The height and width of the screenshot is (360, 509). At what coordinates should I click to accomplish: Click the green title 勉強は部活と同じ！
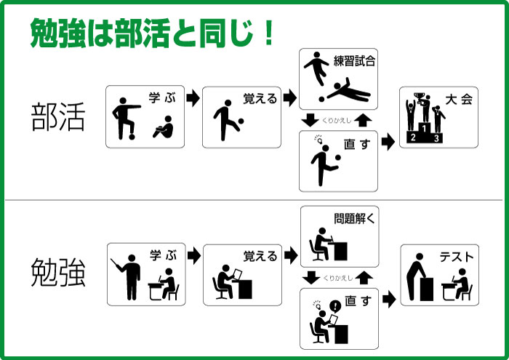[x=152, y=33]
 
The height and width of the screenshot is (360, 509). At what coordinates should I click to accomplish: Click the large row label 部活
[x=58, y=117]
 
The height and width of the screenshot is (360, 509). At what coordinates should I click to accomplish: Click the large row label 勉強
[x=58, y=272]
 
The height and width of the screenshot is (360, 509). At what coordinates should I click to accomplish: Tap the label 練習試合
[x=354, y=60]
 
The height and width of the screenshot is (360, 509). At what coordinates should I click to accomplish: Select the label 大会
[x=459, y=100]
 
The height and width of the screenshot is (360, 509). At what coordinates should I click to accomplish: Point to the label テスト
[x=457, y=257]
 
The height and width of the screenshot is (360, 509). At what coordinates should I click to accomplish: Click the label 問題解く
[x=354, y=218]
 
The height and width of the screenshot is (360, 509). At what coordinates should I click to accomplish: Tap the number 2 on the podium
[x=413, y=137]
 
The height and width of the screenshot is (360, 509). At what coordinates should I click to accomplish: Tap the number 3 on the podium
[x=436, y=138]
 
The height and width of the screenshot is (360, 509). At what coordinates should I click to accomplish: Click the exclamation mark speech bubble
[x=335, y=306]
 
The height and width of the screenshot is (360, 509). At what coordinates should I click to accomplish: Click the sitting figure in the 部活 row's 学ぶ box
[x=164, y=127]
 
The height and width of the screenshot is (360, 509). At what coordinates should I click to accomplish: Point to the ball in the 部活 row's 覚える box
[x=241, y=121]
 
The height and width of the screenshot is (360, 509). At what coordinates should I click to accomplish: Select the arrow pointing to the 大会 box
[x=388, y=142]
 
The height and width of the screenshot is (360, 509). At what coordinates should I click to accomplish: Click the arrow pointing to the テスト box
[x=389, y=300]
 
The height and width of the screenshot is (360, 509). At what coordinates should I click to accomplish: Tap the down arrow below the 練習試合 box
[x=310, y=120]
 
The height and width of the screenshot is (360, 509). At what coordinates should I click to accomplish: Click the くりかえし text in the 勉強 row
[x=337, y=279]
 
